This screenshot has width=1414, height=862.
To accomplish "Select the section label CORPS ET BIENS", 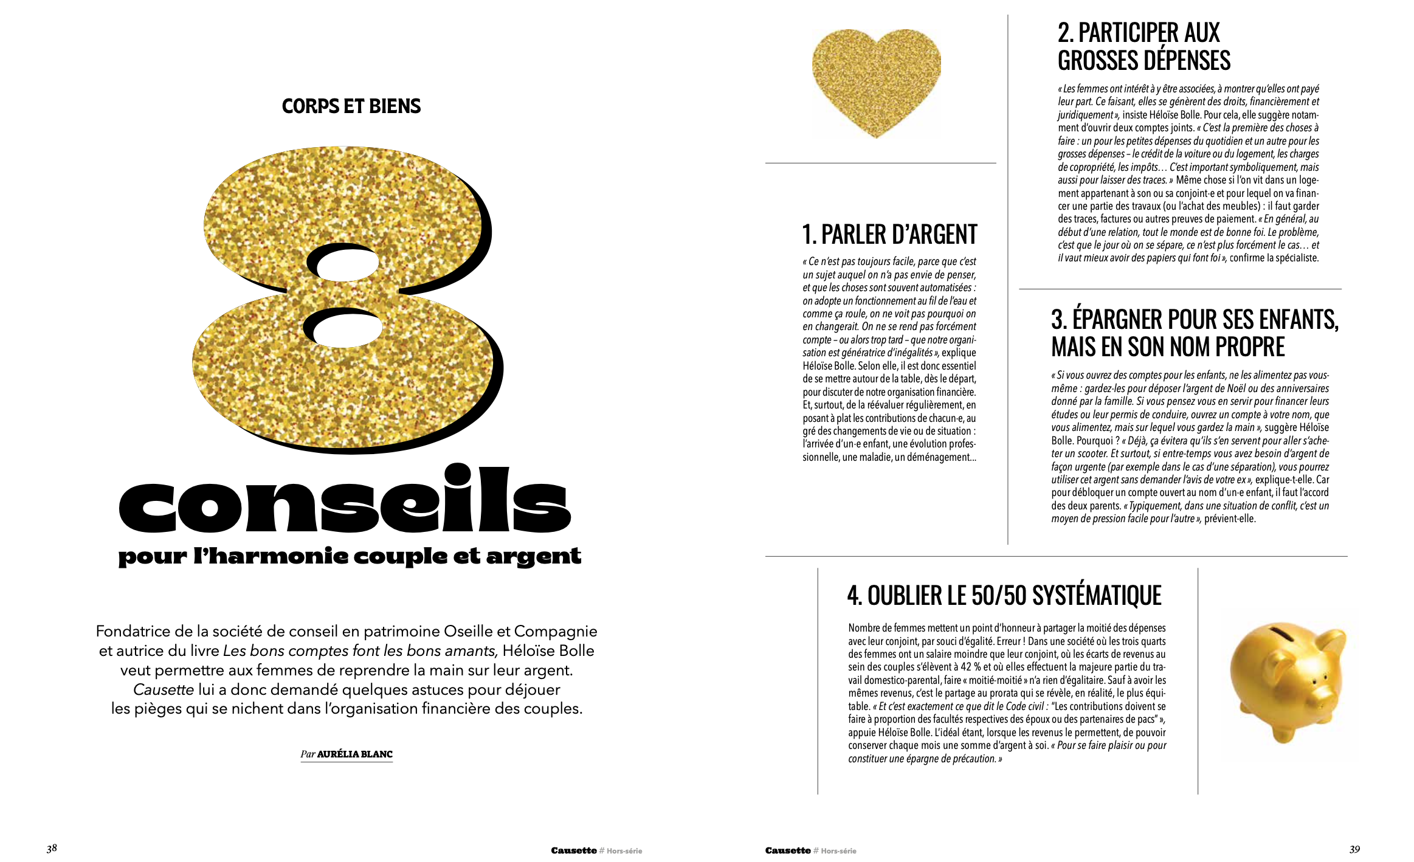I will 351,106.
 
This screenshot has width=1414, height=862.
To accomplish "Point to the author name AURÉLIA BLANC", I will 354,754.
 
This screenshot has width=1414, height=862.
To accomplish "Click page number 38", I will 52,848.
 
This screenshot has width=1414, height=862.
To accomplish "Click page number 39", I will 1354,849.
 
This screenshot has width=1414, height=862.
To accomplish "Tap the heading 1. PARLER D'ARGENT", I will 889,235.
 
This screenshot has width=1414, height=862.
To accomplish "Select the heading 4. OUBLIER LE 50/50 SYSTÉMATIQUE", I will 1004,596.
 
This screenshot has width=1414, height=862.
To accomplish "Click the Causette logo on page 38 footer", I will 573,850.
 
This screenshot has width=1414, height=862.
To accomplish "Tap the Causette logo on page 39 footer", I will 788,850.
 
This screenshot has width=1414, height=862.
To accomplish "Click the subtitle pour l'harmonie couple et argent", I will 350,556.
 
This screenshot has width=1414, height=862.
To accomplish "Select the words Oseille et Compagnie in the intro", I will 520,631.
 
